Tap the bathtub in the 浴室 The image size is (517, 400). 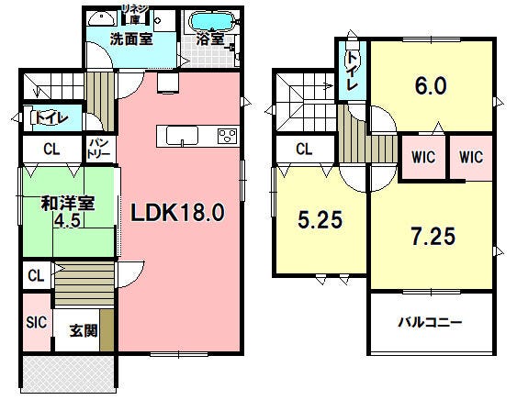coord(212,21)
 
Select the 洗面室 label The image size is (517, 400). coord(130,39)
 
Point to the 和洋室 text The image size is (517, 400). coord(69,203)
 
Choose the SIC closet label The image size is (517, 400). coord(36,322)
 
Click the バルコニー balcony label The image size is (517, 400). coord(430,323)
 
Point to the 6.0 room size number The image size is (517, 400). coord(432,85)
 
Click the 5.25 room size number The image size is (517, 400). coord(320,221)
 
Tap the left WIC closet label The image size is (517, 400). coord(421,156)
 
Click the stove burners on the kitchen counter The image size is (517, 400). coord(226,136)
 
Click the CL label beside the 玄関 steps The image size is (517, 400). coord(36,275)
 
